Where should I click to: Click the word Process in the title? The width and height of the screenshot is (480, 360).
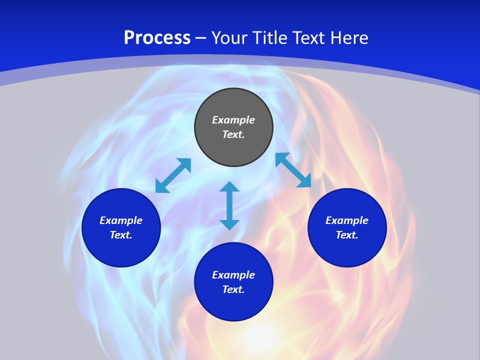coord(157,38)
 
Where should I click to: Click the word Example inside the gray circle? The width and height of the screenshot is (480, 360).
coord(233,120)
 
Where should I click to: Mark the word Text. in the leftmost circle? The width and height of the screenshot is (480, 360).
coord(121,235)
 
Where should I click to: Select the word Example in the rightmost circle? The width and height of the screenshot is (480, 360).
coord(347,220)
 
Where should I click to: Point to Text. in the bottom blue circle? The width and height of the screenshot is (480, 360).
coord(233,289)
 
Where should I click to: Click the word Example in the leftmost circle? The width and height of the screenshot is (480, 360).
coord(121,220)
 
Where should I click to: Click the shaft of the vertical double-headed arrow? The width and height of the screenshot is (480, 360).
coord(229,205)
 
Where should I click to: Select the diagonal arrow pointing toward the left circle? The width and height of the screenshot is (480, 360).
coord(173,175)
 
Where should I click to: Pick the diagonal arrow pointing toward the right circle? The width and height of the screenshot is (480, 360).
coord(293,170)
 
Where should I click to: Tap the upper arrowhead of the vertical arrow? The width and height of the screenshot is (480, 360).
coord(229,187)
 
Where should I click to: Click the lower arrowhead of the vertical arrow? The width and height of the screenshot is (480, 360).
coord(229,224)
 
